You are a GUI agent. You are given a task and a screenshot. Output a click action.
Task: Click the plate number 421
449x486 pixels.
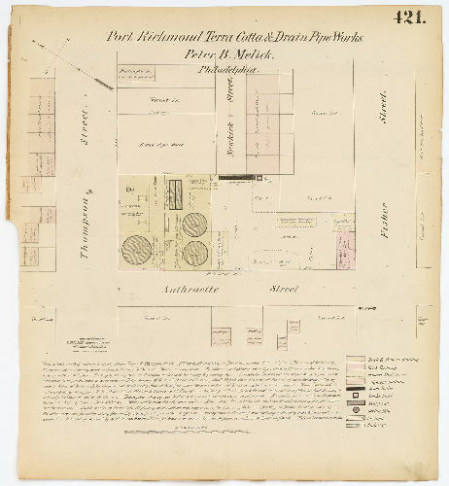tap(411, 16)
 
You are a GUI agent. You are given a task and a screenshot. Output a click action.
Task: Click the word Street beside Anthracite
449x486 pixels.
tap(283, 289)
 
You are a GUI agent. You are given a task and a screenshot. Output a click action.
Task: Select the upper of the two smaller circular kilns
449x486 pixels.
tap(194, 224)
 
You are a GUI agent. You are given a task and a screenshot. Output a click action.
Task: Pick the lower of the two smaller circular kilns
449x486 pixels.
tap(195, 254)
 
